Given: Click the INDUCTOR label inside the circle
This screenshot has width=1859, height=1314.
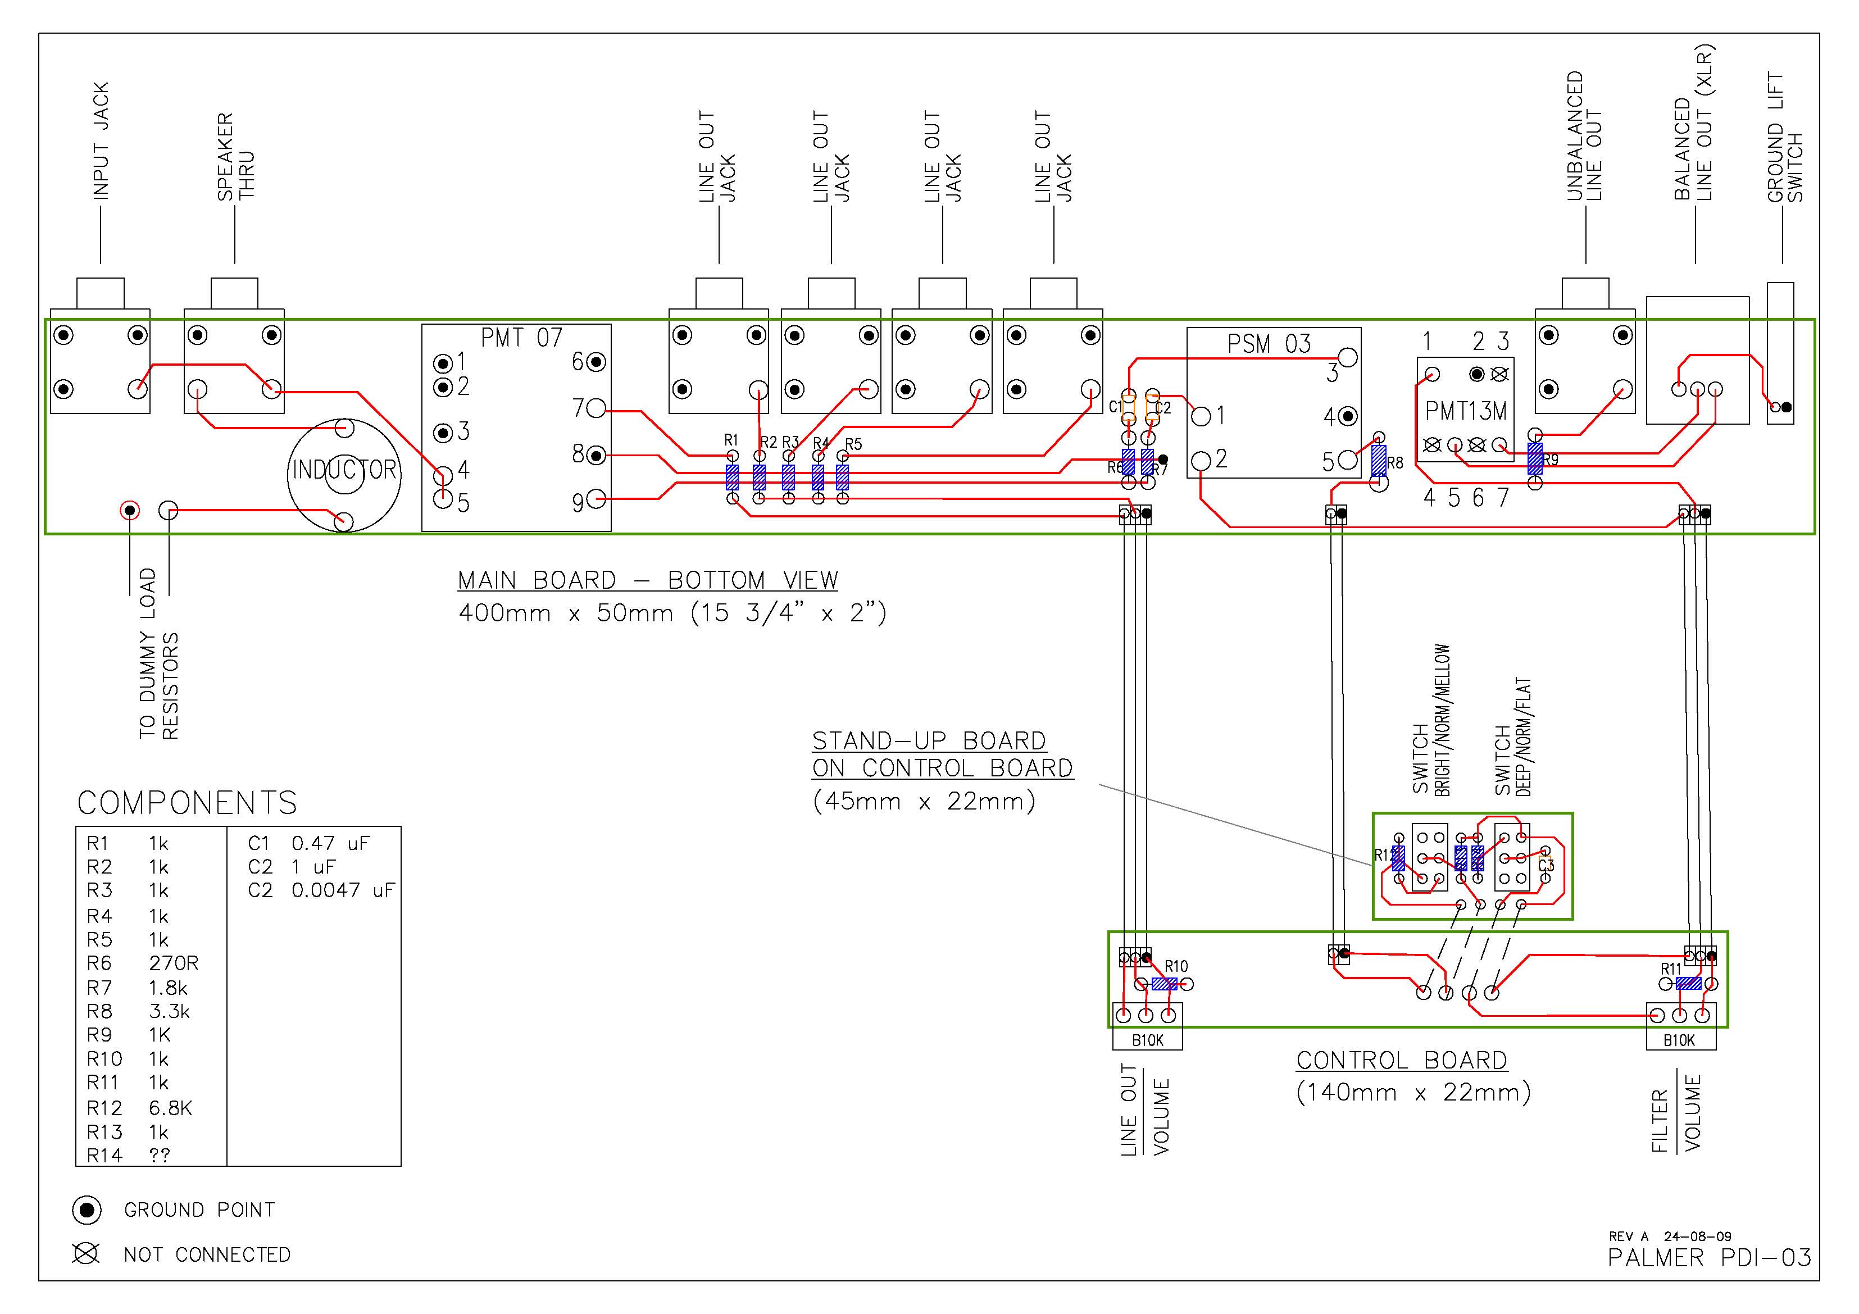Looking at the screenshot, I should tap(344, 470).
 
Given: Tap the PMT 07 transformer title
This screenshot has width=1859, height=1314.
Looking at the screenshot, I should tap(521, 338).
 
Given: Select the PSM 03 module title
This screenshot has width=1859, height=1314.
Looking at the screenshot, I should tap(1269, 344).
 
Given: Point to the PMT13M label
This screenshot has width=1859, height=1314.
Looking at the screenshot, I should tap(1466, 411).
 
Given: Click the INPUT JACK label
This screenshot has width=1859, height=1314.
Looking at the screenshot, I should tap(101, 141).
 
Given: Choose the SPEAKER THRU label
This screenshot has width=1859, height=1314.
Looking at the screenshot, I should tap(235, 156).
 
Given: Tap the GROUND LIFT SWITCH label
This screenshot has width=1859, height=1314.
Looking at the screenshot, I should tap(1784, 138).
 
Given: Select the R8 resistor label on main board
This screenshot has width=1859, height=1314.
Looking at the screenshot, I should tap(1395, 463).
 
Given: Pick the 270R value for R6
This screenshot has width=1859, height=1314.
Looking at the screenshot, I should tap(173, 963).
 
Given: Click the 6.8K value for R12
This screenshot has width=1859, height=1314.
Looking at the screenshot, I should tap(170, 1108).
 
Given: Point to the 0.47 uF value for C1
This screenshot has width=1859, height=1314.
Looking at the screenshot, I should tap(330, 844).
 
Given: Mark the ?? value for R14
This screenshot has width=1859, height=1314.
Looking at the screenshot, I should tap(160, 1156).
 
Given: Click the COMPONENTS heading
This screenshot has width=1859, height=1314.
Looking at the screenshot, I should tap(187, 803).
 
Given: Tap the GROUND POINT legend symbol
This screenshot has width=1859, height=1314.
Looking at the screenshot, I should tap(87, 1211).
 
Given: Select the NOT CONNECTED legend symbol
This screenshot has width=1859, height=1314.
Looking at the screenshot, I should tap(86, 1254).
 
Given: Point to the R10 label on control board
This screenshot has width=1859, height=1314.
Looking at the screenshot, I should tap(1176, 966).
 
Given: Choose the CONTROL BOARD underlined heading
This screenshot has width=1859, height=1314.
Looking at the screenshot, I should tap(1402, 1061).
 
